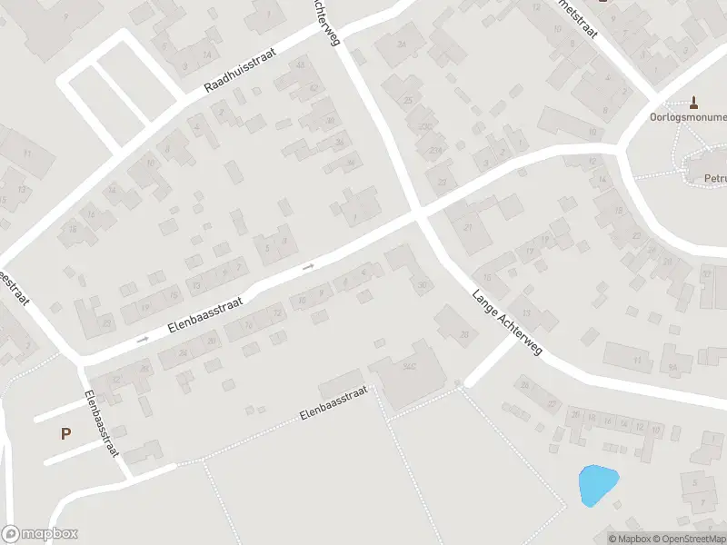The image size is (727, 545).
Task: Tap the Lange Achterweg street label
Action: (x=506, y=322)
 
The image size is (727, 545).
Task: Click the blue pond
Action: (x=597, y=484)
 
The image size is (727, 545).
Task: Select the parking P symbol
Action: (x=65, y=434)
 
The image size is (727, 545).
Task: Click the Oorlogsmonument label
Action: (x=688, y=117)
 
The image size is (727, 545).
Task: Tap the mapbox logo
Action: (x=40, y=534)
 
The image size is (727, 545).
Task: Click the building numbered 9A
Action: (x=674, y=367)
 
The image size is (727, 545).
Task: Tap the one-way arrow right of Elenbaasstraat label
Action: (x=308, y=266)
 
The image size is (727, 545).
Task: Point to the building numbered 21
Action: (x=469, y=227)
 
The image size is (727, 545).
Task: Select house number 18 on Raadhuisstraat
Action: (x=73, y=229)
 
